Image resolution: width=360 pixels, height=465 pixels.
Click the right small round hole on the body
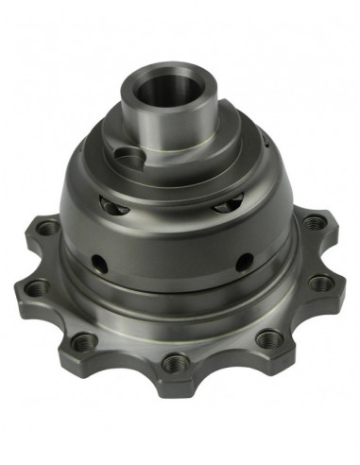[243, 258]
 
